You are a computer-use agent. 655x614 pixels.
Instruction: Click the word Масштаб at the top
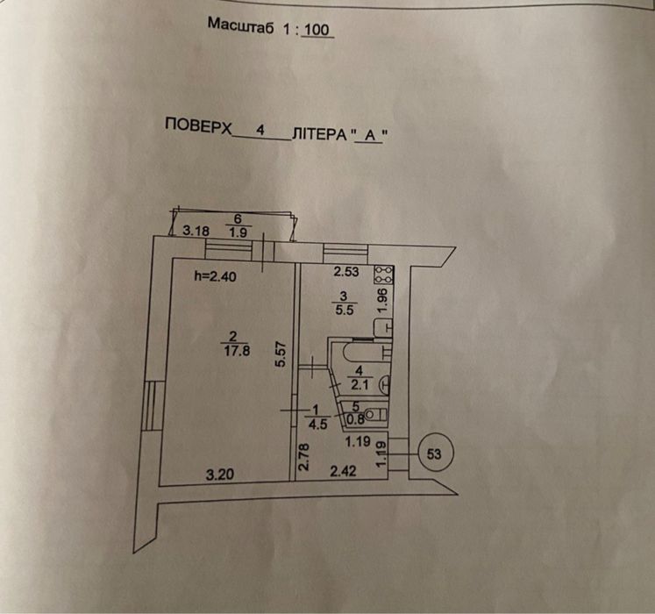(240, 25)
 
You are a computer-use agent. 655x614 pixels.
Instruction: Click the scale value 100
(318, 29)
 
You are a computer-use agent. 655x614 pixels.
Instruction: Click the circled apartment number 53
(433, 454)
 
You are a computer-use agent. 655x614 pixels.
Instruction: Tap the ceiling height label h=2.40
(213, 275)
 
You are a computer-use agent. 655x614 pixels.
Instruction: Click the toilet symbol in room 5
(376, 413)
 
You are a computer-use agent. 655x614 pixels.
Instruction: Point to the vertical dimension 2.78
(303, 460)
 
